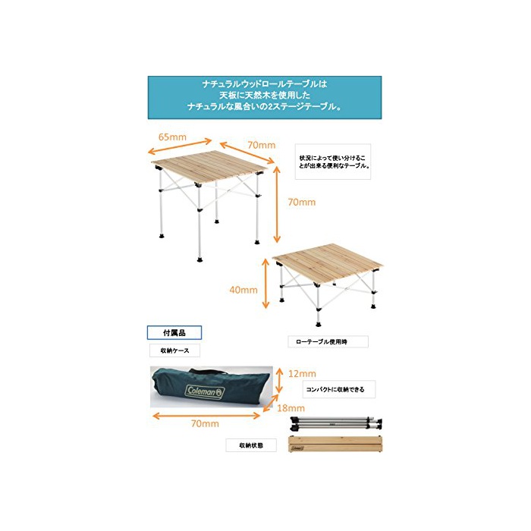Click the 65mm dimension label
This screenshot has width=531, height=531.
click(172, 137)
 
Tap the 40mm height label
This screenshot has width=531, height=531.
click(244, 290)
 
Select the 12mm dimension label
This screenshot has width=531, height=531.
click(302, 374)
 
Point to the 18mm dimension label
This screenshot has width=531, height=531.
click(291, 408)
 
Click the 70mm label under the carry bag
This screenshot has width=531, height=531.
click(205, 423)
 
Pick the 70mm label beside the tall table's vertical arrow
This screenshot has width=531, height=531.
click(302, 203)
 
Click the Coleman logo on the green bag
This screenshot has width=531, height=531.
click(205, 392)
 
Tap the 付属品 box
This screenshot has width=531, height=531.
click(174, 333)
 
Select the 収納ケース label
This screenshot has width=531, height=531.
click(174, 350)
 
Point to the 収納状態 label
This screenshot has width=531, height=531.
click(251, 445)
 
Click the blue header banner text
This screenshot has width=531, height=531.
click(265, 96)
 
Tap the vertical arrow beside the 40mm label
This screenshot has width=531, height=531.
click(265, 284)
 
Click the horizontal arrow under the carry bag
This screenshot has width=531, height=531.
click(206, 416)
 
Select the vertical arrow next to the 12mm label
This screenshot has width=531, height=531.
click(279, 381)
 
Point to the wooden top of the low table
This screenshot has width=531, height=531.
click(328, 263)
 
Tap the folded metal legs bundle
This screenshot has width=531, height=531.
click(336, 423)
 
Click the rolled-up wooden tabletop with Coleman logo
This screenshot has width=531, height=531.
click(335, 445)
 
